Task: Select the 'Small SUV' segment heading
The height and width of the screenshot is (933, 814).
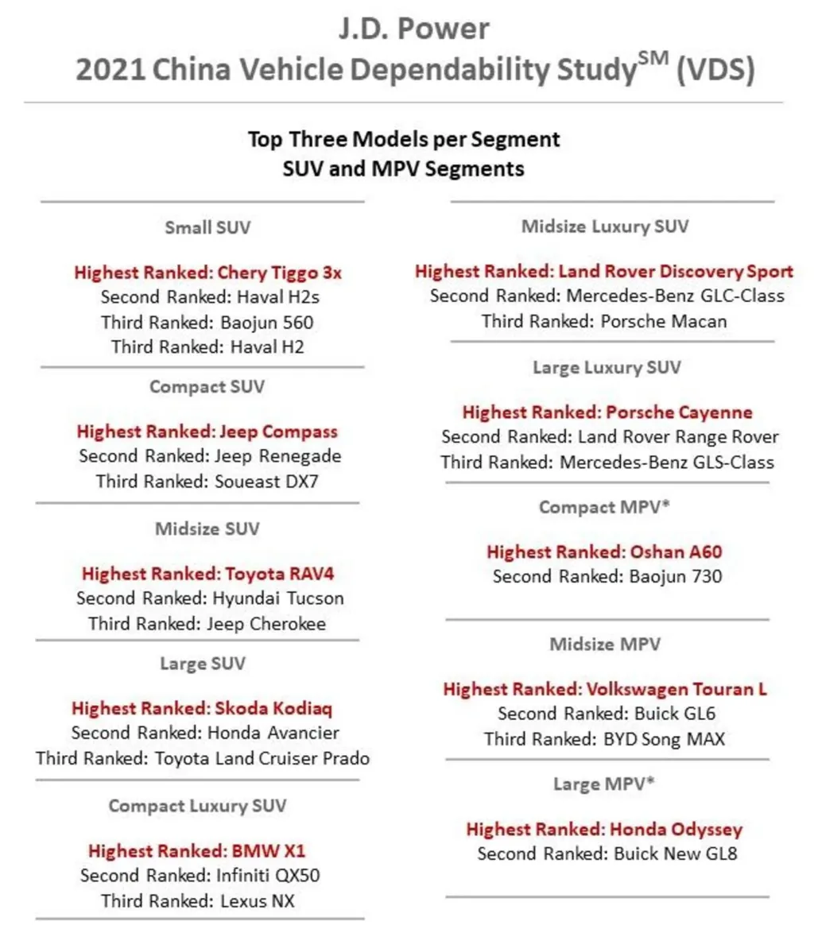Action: [207, 228]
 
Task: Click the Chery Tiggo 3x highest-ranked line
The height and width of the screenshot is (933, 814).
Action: [207, 273]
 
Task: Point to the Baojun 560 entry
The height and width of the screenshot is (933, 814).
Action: [207, 323]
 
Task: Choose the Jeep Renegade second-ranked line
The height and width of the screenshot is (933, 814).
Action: [210, 457]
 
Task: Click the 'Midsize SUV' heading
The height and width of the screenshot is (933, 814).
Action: [207, 528]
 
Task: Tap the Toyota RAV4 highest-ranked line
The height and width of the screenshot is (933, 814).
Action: [207, 573]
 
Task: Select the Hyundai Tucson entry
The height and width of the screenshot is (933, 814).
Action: [210, 598]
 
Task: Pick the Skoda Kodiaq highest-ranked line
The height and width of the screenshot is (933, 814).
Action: [202, 708]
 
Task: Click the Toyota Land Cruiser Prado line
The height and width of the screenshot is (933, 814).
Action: [203, 758]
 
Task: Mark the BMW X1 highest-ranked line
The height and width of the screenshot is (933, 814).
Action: [197, 851]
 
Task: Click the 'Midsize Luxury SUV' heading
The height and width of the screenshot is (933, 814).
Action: [604, 226]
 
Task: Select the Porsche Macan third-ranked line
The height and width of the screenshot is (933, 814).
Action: [604, 321]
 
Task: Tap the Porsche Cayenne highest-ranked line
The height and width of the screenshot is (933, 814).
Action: [607, 412]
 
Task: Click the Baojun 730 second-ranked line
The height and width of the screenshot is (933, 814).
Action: [607, 576]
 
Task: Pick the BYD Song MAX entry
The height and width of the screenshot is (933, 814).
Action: [604, 739]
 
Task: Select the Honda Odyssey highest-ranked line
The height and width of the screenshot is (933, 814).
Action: [604, 830]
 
